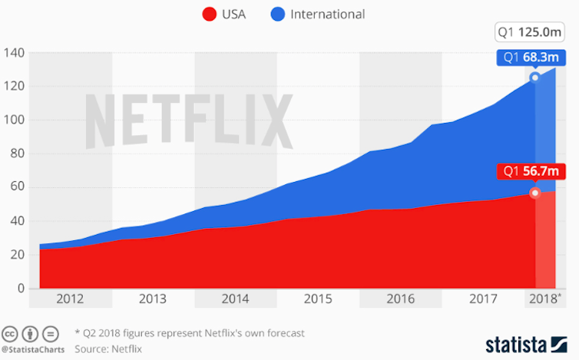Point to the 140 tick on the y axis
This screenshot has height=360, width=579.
[x=15, y=53]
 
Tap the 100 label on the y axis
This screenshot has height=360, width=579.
[x=15, y=121]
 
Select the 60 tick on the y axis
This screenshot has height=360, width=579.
[x=17, y=187]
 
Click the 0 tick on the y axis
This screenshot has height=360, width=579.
[x=21, y=288]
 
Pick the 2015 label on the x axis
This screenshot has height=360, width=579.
[x=318, y=299]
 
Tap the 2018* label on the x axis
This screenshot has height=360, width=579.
[x=544, y=299]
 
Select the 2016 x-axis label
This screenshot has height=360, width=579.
[x=400, y=299]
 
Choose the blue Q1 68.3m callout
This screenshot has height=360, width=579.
[x=530, y=57]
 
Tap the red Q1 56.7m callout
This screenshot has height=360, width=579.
[x=530, y=172]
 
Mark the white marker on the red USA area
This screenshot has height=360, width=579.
[x=535, y=193]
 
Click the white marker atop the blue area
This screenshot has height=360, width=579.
[x=535, y=78]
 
